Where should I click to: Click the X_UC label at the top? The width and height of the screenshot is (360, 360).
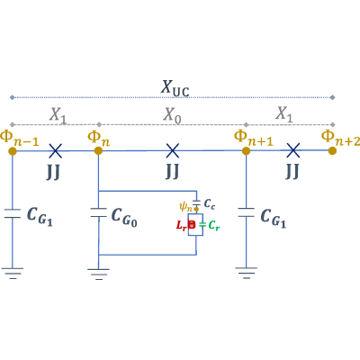pos(175,88)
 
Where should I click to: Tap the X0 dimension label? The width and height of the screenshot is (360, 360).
pos(172,115)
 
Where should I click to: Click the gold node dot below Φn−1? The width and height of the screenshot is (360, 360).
pos(13,151)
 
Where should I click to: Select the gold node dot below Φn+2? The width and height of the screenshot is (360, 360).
pos(332,150)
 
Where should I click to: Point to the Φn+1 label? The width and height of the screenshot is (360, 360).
pos(254,138)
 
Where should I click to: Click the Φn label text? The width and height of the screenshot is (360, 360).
pos(99,139)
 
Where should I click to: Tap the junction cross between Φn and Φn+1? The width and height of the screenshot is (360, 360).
pos(173,150)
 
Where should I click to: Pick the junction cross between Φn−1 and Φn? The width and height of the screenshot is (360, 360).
pos(56,150)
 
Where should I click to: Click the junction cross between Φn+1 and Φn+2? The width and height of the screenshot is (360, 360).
pos(292,150)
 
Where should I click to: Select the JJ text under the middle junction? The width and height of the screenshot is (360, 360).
pos(172,171)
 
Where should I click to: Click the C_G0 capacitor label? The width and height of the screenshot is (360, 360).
pos(124,218)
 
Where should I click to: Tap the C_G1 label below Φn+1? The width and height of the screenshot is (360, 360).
pos(274,218)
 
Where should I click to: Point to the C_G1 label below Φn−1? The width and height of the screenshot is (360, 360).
pos(40,217)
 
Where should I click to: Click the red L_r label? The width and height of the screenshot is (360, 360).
pos(181,225)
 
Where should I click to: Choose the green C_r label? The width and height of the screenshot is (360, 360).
pos(214,225)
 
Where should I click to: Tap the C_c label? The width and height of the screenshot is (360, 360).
pos(210,204)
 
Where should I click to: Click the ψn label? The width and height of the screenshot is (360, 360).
pos(185,207)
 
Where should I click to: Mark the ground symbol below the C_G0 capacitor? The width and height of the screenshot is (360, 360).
pos(98,274)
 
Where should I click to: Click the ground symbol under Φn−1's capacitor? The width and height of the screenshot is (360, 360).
pos(13,273)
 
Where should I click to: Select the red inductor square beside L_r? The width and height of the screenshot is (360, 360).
pos(192,225)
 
